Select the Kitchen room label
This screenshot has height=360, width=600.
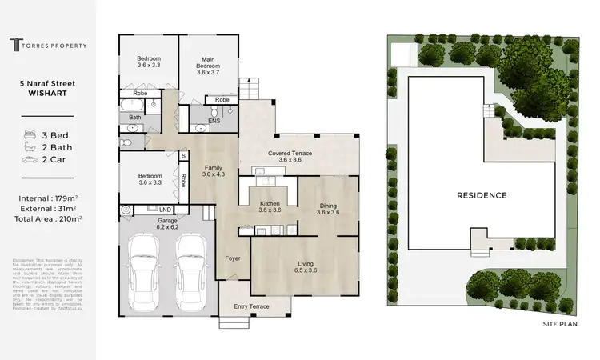point(270,207)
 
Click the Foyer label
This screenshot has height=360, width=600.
point(231,258)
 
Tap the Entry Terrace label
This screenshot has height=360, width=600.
point(250,306)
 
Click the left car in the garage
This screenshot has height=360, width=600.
point(148,264)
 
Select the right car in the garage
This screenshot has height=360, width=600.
point(191,264)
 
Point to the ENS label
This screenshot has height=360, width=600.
point(214,121)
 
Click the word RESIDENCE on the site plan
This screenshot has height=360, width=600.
point(481,195)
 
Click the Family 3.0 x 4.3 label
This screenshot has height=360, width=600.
point(213,170)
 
